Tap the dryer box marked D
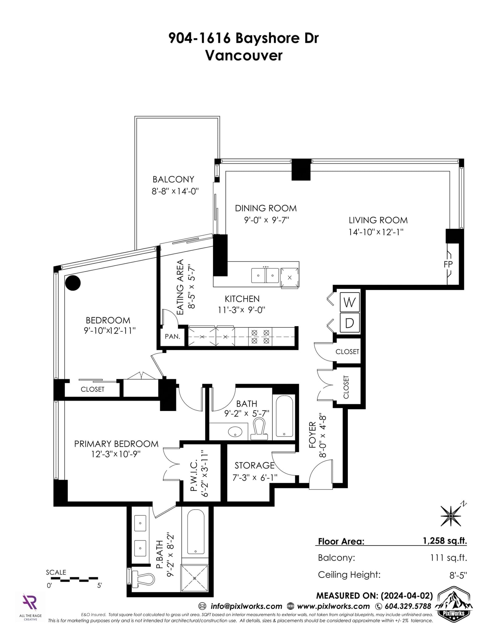click(x=350, y=323)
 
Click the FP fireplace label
click(x=448, y=264)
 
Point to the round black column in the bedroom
click(x=73, y=282)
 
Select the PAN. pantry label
click(x=172, y=336)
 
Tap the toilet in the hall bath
click(x=259, y=429)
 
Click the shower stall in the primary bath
click(x=194, y=578)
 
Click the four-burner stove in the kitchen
click(x=260, y=336)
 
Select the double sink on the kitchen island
click(x=265, y=275)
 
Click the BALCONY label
click(x=173, y=179)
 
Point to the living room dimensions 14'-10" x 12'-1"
click(x=376, y=232)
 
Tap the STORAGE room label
click(x=255, y=465)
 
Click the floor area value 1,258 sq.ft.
click(x=445, y=541)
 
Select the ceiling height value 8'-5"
click(x=458, y=575)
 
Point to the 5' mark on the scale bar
click(x=99, y=586)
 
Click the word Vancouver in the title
click(x=244, y=55)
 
